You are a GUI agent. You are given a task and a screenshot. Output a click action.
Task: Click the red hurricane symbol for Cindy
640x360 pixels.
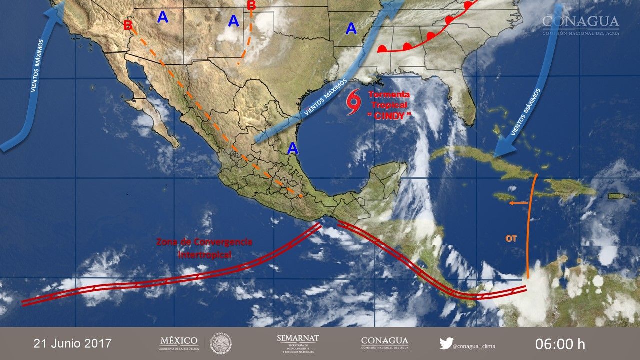[354, 102]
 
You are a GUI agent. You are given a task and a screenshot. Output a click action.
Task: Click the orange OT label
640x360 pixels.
[511, 239]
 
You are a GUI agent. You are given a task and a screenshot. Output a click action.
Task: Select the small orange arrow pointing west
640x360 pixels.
[518, 202]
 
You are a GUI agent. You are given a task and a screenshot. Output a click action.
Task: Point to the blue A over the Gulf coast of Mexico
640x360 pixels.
[293, 148]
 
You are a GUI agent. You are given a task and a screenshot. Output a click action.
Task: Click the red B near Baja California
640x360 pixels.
[127, 25]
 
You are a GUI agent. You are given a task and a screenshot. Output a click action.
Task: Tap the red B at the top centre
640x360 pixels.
[251, 5]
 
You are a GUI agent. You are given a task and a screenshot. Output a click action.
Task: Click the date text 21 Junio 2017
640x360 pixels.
[73, 344]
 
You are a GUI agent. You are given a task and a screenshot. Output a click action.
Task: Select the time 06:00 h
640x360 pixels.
[560, 344]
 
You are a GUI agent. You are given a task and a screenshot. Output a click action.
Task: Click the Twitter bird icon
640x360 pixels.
[446, 343]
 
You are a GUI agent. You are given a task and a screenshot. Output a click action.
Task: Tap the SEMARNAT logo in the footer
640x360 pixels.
[298, 343]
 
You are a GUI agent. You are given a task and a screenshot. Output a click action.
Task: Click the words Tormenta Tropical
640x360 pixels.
[389, 100]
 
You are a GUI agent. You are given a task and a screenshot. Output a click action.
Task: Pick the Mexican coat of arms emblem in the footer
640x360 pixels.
[220, 343]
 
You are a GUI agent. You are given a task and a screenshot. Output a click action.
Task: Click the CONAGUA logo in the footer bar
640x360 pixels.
[384, 343]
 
